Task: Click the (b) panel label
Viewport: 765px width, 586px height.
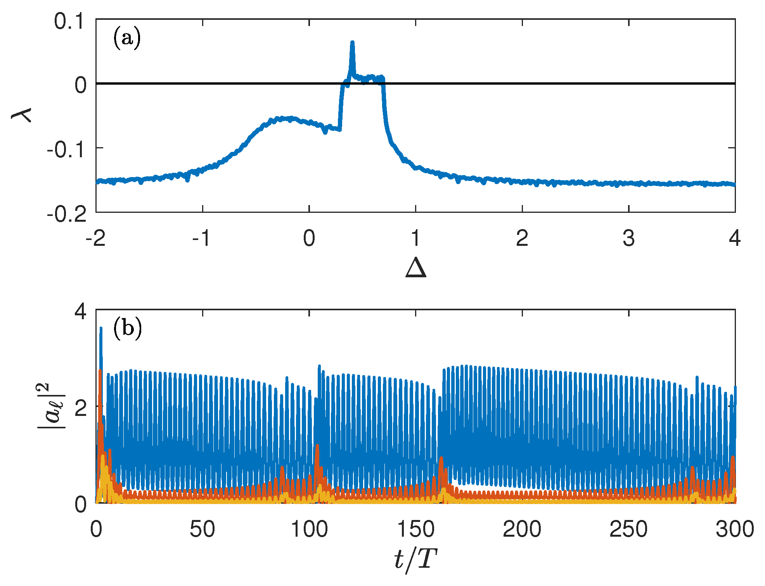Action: pyautogui.click(x=127, y=329)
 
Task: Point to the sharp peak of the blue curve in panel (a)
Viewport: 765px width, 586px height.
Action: pyautogui.click(x=352, y=43)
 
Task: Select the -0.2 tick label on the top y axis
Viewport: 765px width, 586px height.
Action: pyautogui.click(x=67, y=214)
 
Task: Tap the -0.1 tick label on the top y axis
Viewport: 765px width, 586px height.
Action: pyautogui.click(x=67, y=150)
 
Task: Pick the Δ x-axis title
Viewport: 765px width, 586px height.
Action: pyautogui.click(x=416, y=268)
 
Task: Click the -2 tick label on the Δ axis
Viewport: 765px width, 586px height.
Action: pyautogui.click(x=95, y=238)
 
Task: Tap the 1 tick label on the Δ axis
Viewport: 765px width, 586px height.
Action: pyautogui.click(x=415, y=238)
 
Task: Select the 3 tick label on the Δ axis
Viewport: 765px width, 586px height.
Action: pyautogui.click(x=628, y=238)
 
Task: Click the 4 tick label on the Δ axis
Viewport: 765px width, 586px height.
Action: pyautogui.click(x=735, y=238)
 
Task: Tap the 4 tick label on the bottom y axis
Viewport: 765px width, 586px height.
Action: pyautogui.click(x=81, y=312)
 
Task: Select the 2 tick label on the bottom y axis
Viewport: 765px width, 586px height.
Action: pyautogui.click(x=81, y=408)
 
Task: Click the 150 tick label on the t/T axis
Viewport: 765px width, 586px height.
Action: pyautogui.click(x=415, y=529)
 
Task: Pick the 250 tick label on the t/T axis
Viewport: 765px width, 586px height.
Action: pyautogui.click(x=628, y=529)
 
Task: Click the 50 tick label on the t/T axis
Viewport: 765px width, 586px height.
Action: pyautogui.click(x=202, y=529)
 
